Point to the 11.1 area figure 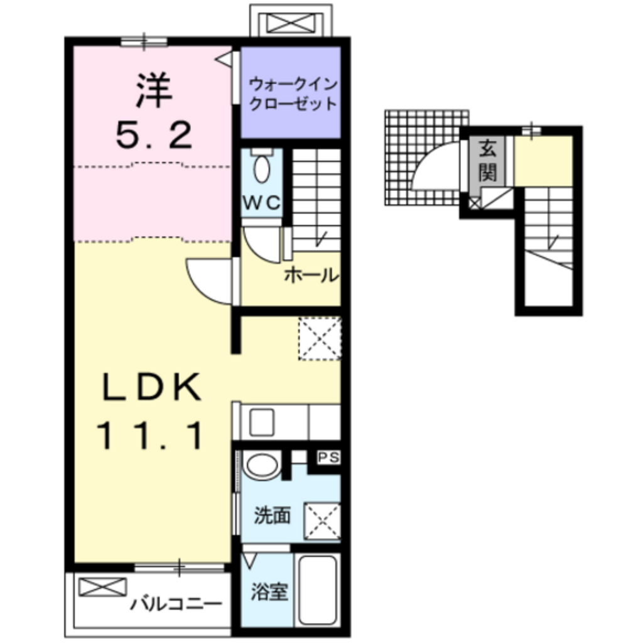(151, 436)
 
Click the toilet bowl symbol (261, 168)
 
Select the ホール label (311, 275)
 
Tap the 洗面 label (272, 516)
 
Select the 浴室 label (269, 592)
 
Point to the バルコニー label (176, 605)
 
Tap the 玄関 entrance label (489, 161)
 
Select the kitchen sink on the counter (261, 423)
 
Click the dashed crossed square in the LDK (319, 339)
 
